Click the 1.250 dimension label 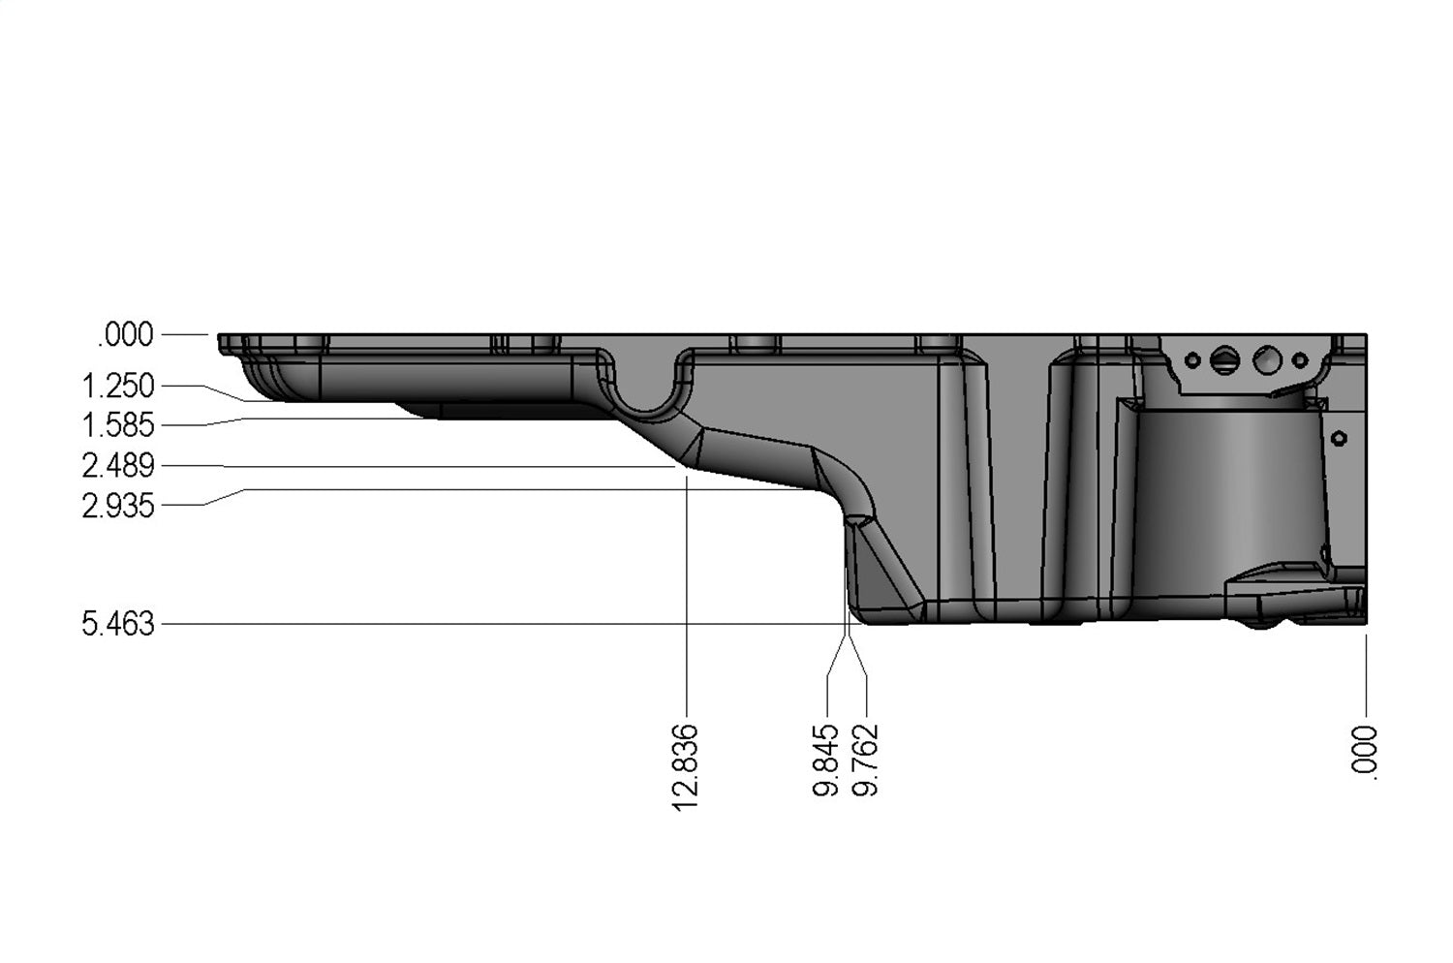point(118,386)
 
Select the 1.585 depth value point(118,425)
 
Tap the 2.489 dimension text point(118,466)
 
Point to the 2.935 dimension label point(118,506)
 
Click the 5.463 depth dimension point(118,624)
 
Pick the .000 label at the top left point(125,335)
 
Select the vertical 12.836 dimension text point(685,766)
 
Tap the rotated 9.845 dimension point(826,761)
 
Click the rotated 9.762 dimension point(865,761)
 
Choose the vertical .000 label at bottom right point(1365,750)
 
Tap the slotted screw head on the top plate point(1224,359)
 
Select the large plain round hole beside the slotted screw point(1266,360)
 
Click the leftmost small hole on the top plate point(1192,360)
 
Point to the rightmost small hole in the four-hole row point(1301,360)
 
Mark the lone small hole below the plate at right point(1340,438)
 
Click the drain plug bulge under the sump point(1260,621)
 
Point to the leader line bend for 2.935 point(243,490)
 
